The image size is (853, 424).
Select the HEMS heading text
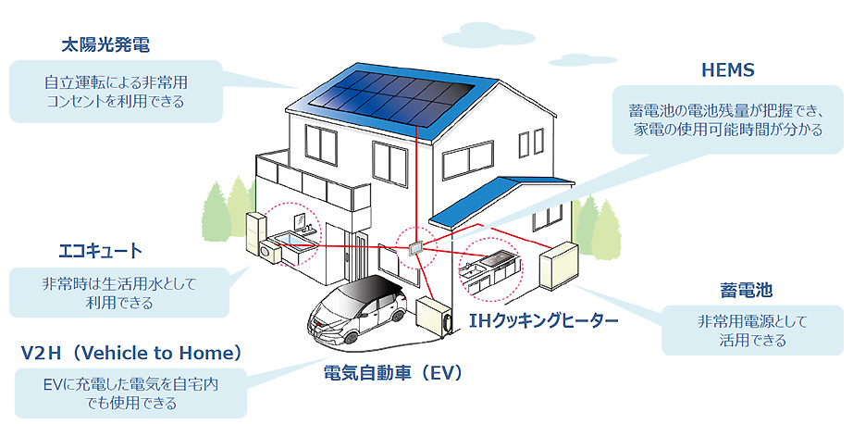[x=729, y=70]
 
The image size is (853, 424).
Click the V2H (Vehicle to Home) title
[x=131, y=353]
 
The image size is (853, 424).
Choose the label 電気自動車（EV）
[x=392, y=374]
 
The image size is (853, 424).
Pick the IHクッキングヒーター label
[x=543, y=320]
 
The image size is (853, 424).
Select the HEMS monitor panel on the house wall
[x=414, y=248]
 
